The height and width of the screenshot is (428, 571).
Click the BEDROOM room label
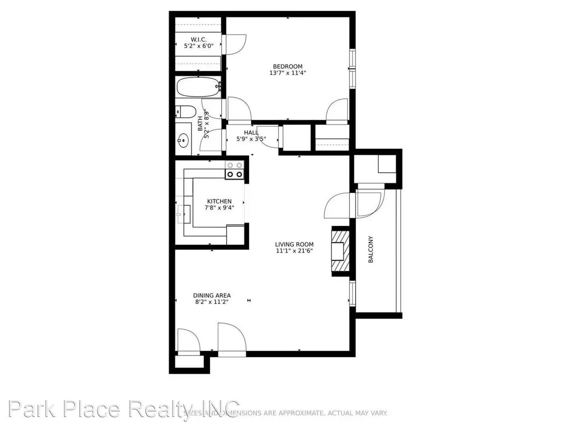pos(287,67)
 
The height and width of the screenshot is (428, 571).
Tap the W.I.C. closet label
pos(199,40)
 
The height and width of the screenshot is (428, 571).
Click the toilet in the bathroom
pos(186,112)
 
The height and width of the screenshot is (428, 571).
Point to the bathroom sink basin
pos(183,139)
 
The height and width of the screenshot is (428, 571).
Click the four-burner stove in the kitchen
pos(234,170)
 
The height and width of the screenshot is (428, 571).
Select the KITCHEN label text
pos(219,201)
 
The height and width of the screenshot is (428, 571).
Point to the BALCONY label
pos(371,249)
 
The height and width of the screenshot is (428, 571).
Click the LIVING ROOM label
pos(294,245)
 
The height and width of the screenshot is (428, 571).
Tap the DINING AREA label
pos(212,295)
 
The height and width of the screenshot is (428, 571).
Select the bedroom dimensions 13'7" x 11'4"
pos(287,73)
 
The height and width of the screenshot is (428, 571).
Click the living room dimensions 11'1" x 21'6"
pos(294,251)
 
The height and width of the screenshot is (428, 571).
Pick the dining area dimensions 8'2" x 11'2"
pos(212,302)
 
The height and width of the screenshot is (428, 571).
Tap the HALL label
pos(251,132)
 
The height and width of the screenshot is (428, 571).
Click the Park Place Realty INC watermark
pos(124,409)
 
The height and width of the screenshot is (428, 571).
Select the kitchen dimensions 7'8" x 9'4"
pos(219,208)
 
